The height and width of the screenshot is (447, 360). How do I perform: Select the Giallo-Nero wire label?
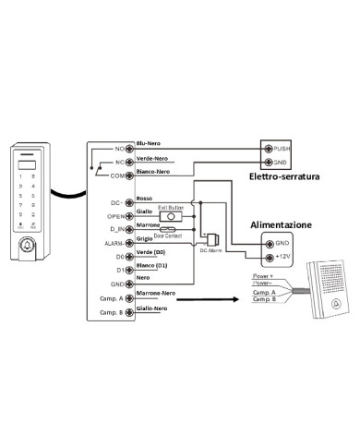point(151,308)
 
